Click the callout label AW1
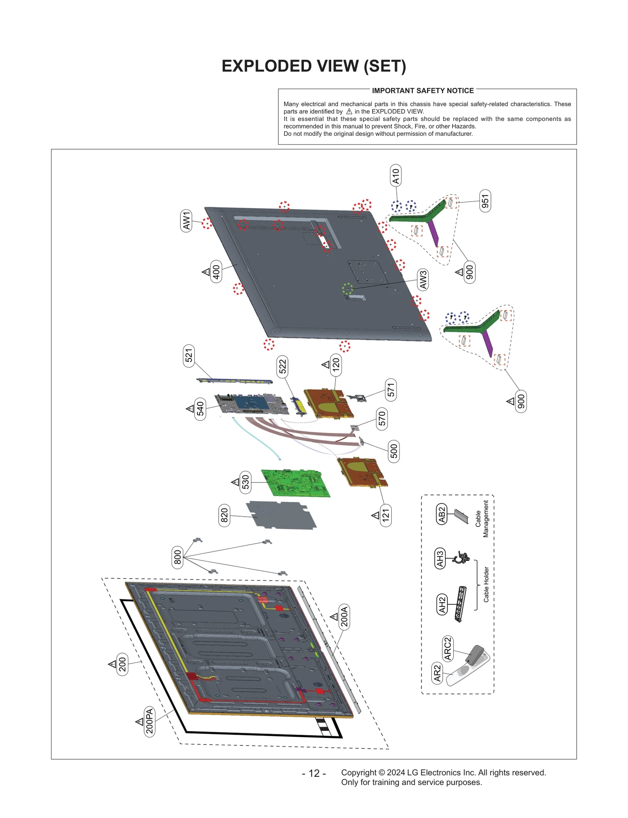tap(186, 221)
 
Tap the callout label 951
tap(485, 201)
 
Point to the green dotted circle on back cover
tap(347, 289)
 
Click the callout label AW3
tap(423, 279)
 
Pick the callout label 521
tap(189, 356)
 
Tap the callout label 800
tap(177, 557)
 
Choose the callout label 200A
tap(344, 617)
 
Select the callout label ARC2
tap(447, 648)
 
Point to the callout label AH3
tap(440, 558)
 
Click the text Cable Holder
tap(486, 584)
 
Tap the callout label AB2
tap(442, 515)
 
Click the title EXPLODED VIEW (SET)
tap(314, 66)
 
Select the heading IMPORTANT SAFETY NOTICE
tap(423, 91)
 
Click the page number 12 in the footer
tap(314, 773)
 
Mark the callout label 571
tap(391, 390)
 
